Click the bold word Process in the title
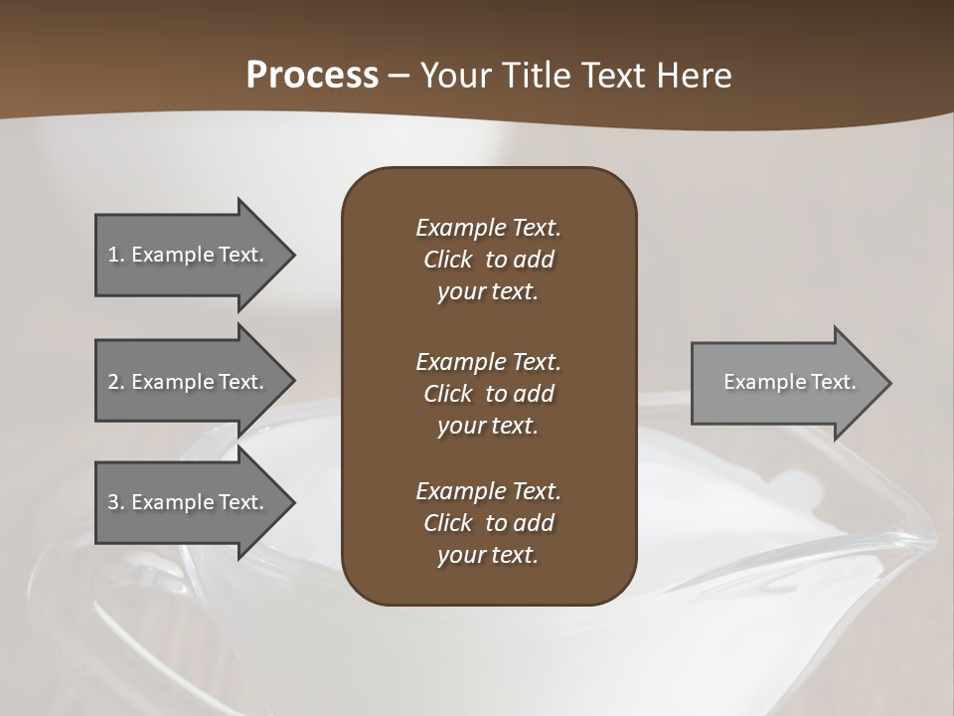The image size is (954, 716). pos(312,76)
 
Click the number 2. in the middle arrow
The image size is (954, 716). pos(116,382)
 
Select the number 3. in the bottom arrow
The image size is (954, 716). pos(116,502)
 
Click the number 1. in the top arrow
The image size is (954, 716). pos(116,255)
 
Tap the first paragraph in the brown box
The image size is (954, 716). pos(488,260)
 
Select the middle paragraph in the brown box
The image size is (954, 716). pos(488,394)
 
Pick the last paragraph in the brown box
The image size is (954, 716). pos(488,523)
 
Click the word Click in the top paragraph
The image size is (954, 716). pos(447,260)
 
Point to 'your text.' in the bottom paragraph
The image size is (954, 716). pos(488,555)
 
